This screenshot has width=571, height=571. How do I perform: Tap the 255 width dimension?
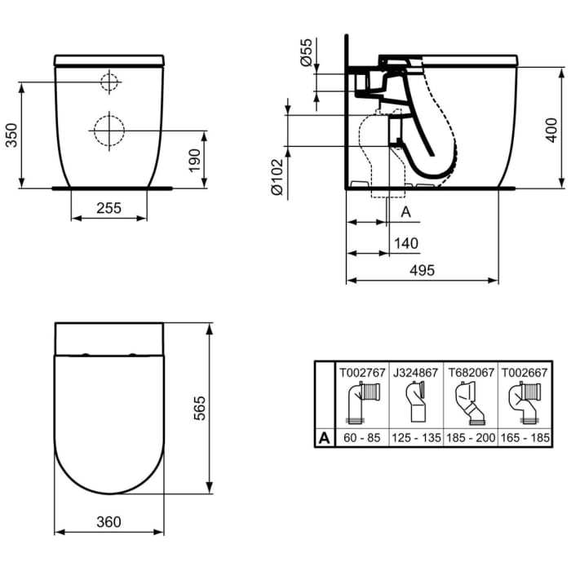coord(108,208)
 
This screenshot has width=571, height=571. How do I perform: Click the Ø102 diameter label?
coord(277,177)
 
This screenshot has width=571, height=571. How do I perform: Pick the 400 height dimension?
coord(553,127)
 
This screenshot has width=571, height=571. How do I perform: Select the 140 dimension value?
coord(405,243)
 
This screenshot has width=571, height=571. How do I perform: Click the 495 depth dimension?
coord(422,270)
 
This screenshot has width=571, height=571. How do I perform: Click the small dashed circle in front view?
coord(109,82)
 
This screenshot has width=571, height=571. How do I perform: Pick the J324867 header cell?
coord(416,373)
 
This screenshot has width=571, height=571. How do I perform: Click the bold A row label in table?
coord(325,438)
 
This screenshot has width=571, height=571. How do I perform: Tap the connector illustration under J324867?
coord(416,404)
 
